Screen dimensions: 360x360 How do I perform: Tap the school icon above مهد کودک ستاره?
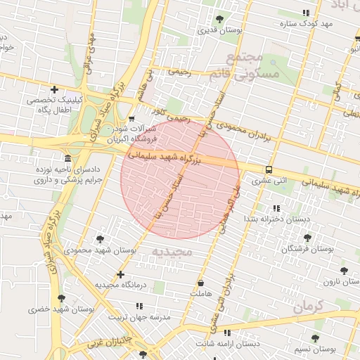pyautogui.click(x=305, y=13)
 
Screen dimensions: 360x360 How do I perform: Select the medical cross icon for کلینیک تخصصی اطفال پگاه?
pyautogui.click(x=54, y=89)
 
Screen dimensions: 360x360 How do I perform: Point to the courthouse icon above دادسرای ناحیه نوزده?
pyautogui.click(x=67, y=157)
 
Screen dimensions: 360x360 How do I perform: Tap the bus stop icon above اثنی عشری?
pyautogui.click(x=269, y=169)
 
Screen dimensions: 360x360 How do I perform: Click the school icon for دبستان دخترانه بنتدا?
pyautogui.click(x=276, y=208)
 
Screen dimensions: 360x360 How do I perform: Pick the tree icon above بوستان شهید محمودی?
pyautogui.click(x=99, y=239)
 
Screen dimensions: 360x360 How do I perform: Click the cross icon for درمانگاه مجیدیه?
pyautogui.click(x=120, y=274)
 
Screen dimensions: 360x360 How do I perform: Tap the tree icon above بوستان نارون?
pyautogui.click(x=343, y=271)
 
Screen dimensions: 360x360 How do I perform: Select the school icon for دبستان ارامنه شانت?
pyautogui.click(x=226, y=332)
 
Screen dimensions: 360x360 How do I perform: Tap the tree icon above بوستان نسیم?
pyautogui.click(x=314, y=338)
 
